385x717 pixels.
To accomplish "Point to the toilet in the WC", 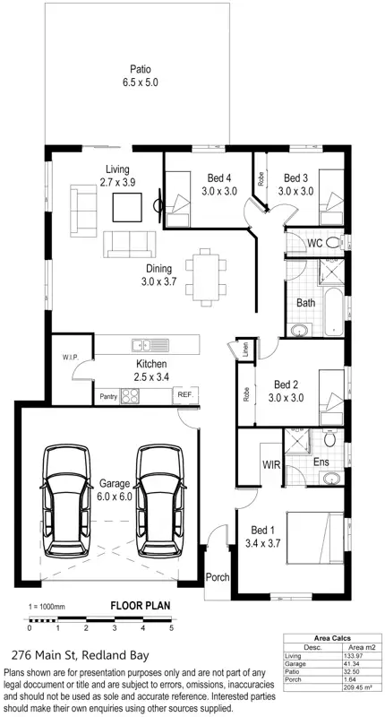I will pyautogui.click(x=329, y=242).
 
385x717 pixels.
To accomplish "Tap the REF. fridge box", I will pyautogui.click(x=185, y=394).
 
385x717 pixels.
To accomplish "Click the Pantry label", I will pyautogui.click(x=108, y=395).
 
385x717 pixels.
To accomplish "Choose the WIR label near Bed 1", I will pyautogui.click(x=271, y=465).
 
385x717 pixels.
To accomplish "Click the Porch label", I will pyautogui.click(x=218, y=577).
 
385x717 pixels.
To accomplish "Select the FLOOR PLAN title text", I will pyautogui.click(x=139, y=605).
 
